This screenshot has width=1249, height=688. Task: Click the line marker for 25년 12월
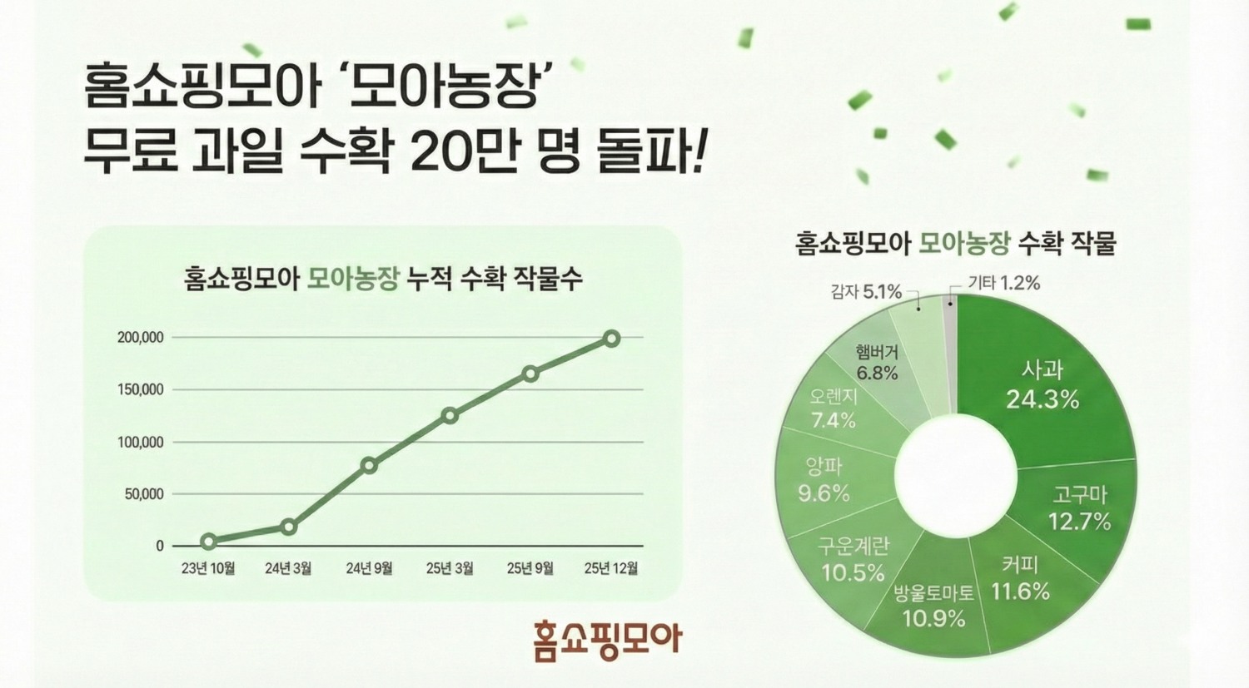(x=611, y=339)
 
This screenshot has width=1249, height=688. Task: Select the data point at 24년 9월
(x=369, y=465)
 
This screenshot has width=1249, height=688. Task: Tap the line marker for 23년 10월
(x=208, y=542)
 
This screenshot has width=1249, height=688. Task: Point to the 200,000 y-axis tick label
(x=141, y=338)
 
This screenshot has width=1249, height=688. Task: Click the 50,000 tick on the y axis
(x=144, y=494)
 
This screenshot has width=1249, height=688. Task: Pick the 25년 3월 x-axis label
(x=450, y=568)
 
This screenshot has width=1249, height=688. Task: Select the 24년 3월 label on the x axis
(x=288, y=568)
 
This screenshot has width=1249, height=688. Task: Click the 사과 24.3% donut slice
(x=1042, y=385)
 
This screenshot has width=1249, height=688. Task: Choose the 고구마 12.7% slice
(x=1079, y=508)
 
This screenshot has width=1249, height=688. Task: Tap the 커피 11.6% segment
(x=1020, y=579)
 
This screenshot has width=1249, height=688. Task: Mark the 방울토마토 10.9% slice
(x=933, y=606)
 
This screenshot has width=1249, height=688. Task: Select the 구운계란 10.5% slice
(x=853, y=559)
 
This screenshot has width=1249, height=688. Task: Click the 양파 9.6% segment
(x=824, y=480)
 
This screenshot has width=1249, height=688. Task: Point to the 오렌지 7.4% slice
(x=833, y=408)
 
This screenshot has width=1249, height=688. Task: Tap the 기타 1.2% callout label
(x=1003, y=283)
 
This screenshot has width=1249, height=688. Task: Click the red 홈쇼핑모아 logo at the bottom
(x=607, y=639)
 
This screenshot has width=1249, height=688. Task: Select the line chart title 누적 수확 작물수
(x=494, y=278)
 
